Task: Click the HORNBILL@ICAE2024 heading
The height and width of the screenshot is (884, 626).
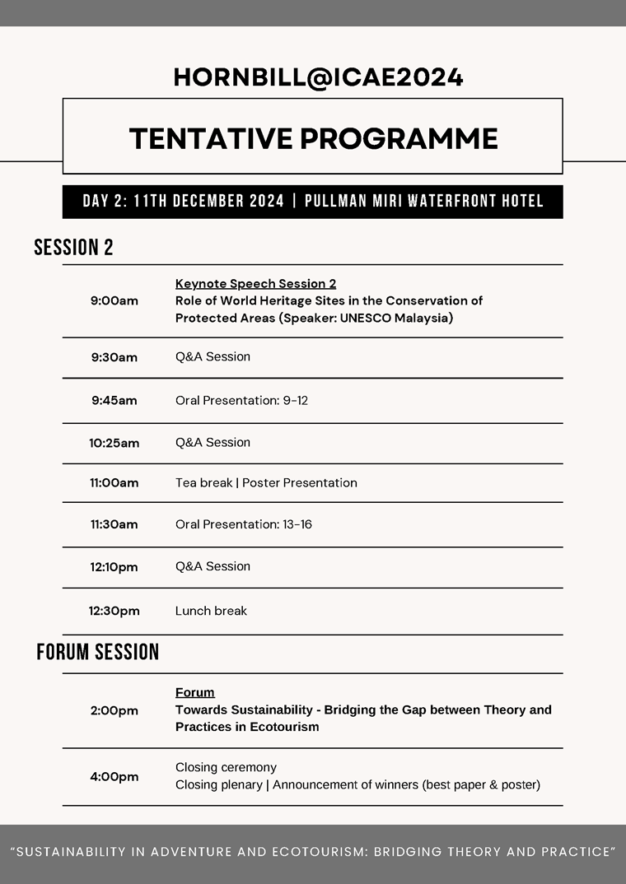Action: pos(318,77)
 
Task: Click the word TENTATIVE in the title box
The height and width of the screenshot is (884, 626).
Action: pos(209,138)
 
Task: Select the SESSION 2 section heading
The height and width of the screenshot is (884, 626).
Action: pos(73,247)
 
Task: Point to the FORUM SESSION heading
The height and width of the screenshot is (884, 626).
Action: pos(97,653)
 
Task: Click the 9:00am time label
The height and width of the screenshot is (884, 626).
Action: pos(114,300)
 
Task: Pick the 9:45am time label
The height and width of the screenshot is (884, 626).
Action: pos(114,401)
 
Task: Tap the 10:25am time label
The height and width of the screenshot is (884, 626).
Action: pos(114,443)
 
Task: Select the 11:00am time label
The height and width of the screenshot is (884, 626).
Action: pos(114,483)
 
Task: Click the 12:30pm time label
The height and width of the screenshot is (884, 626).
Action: pos(114,611)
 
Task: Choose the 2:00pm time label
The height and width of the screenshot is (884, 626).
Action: pos(114,710)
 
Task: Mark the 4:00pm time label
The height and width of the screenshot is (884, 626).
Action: pos(114,776)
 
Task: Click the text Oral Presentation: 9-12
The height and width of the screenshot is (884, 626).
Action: pos(241,401)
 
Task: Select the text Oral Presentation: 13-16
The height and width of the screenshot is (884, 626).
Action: pos(244,524)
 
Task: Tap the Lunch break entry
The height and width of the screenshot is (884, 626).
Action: pos(211,611)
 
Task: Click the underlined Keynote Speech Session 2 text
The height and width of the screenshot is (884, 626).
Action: pos(255,284)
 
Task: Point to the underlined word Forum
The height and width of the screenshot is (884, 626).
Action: pos(194,692)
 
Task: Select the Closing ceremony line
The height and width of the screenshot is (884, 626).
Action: pos(226,767)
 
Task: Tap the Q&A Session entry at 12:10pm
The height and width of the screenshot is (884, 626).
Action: pos(213,566)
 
